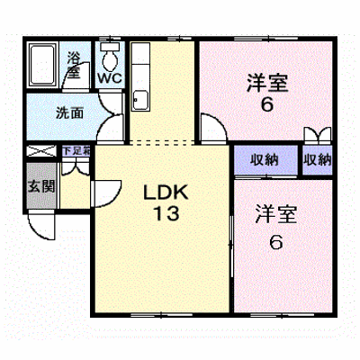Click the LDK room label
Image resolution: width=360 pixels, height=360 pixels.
(166, 193)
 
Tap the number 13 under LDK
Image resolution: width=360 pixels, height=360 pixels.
(166, 213)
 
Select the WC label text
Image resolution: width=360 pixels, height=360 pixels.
(110, 78)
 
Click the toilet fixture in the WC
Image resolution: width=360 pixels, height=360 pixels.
(110, 57)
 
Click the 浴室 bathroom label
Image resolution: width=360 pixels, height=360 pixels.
(74, 65)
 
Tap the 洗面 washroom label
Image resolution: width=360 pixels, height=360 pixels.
(70, 113)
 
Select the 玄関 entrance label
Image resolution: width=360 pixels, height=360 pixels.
(41, 186)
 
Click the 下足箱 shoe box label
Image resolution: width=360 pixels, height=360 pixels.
(76, 150)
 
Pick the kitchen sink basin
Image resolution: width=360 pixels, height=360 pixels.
(140, 101)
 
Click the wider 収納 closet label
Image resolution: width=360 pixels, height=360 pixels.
(265, 159)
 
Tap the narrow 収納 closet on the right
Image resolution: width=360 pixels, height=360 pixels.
(317, 159)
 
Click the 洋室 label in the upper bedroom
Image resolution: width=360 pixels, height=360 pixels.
(267, 83)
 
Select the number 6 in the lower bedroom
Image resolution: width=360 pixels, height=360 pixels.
(275, 242)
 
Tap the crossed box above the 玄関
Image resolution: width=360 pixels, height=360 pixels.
(41, 150)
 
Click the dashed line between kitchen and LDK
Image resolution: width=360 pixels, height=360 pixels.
(162, 142)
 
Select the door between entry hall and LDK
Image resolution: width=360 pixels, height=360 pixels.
(105, 193)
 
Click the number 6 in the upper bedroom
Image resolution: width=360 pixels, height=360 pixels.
(267, 104)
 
